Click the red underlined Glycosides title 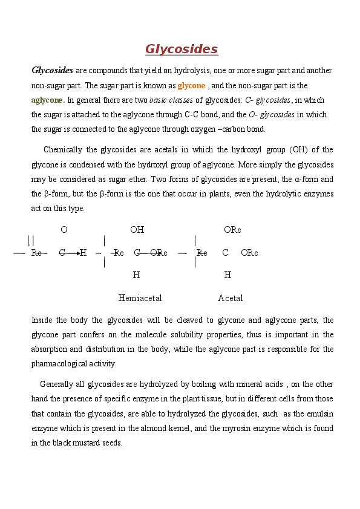point(182,50)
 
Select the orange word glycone point(191,86)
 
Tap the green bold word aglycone point(48,100)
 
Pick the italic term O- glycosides point(272,115)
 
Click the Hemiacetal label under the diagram point(140,298)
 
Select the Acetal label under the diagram point(231,298)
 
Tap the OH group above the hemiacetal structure point(137,230)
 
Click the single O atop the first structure point(64,230)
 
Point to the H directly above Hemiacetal point(136,275)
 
